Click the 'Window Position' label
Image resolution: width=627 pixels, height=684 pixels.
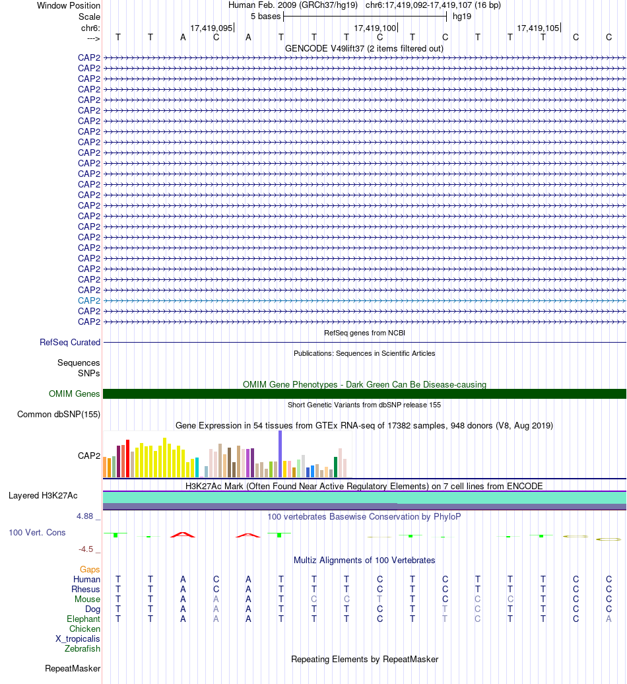[x=69, y=6]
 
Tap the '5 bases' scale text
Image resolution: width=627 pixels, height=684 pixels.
[x=265, y=17]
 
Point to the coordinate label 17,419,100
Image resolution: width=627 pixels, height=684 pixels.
[x=375, y=28]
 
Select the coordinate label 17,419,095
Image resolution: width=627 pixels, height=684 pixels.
[x=211, y=28]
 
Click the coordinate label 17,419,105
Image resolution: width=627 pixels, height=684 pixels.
[x=538, y=28]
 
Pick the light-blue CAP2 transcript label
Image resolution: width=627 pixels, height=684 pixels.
[x=89, y=300]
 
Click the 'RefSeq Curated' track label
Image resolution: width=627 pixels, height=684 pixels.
[x=70, y=343]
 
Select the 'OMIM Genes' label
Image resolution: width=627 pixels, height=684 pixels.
[x=74, y=394]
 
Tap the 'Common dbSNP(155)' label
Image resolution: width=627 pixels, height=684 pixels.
[x=59, y=415]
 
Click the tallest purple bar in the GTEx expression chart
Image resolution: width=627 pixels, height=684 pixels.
[x=280, y=454]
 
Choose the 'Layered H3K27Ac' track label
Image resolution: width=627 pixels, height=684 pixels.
[x=43, y=496]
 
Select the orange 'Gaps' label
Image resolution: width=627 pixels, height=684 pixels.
[x=90, y=569]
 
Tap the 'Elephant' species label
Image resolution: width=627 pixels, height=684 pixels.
[x=83, y=619]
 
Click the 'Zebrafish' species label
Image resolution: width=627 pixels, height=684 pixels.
[x=82, y=648]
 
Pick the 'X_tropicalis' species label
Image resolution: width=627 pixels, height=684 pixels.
[x=78, y=639]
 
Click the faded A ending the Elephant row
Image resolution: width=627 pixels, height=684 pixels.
[x=609, y=619]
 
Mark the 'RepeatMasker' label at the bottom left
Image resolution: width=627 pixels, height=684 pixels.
[x=73, y=669]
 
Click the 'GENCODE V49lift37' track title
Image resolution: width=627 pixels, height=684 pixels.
[x=325, y=48]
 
